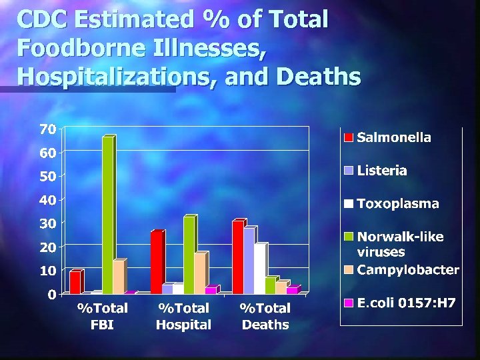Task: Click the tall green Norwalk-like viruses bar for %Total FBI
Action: click(108, 215)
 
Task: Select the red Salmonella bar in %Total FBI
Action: click(75, 282)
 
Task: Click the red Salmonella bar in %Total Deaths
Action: click(237, 257)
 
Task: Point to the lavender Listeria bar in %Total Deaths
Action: click(249, 260)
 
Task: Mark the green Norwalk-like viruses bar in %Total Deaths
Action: click(270, 285)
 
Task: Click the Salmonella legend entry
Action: click(394, 137)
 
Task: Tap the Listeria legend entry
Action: click(382, 171)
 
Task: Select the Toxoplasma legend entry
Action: click(398, 204)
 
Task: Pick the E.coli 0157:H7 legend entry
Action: click(406, 303)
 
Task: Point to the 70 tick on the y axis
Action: click(47, 129)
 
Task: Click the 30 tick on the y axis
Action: click(47, 223)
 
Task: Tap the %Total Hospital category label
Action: click(183, 317)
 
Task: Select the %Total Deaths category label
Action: click(265, 317)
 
